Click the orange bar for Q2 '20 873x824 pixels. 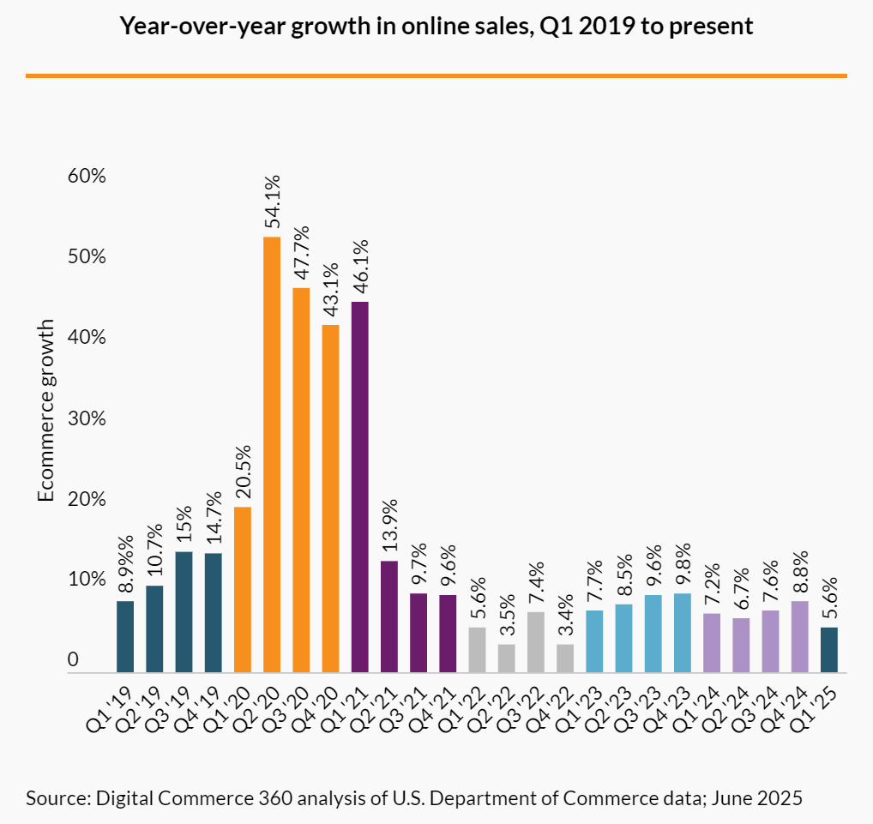coord(272,454)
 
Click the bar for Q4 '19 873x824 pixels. coord(213,612)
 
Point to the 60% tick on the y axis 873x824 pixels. coord(86,177)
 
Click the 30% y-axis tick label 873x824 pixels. coord(86,419)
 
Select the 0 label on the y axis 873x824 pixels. coord(74,660)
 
